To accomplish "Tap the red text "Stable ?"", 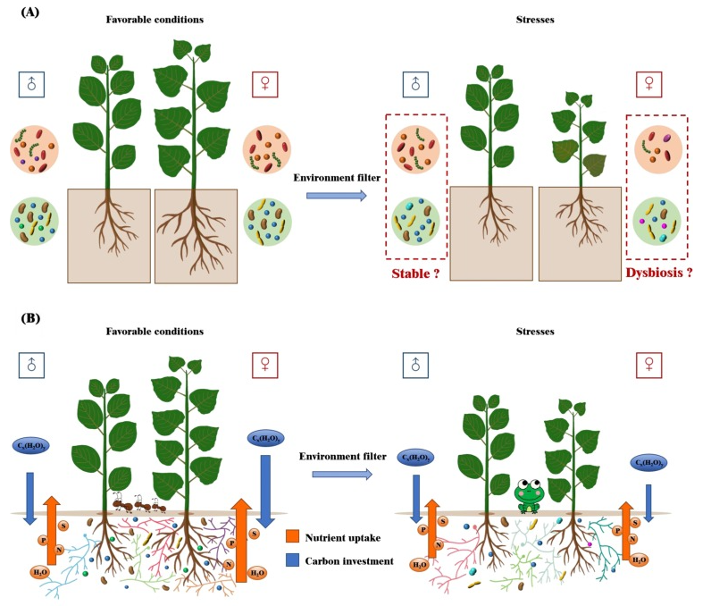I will pos(415,273).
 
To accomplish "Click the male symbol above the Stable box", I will pos(414,85).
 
